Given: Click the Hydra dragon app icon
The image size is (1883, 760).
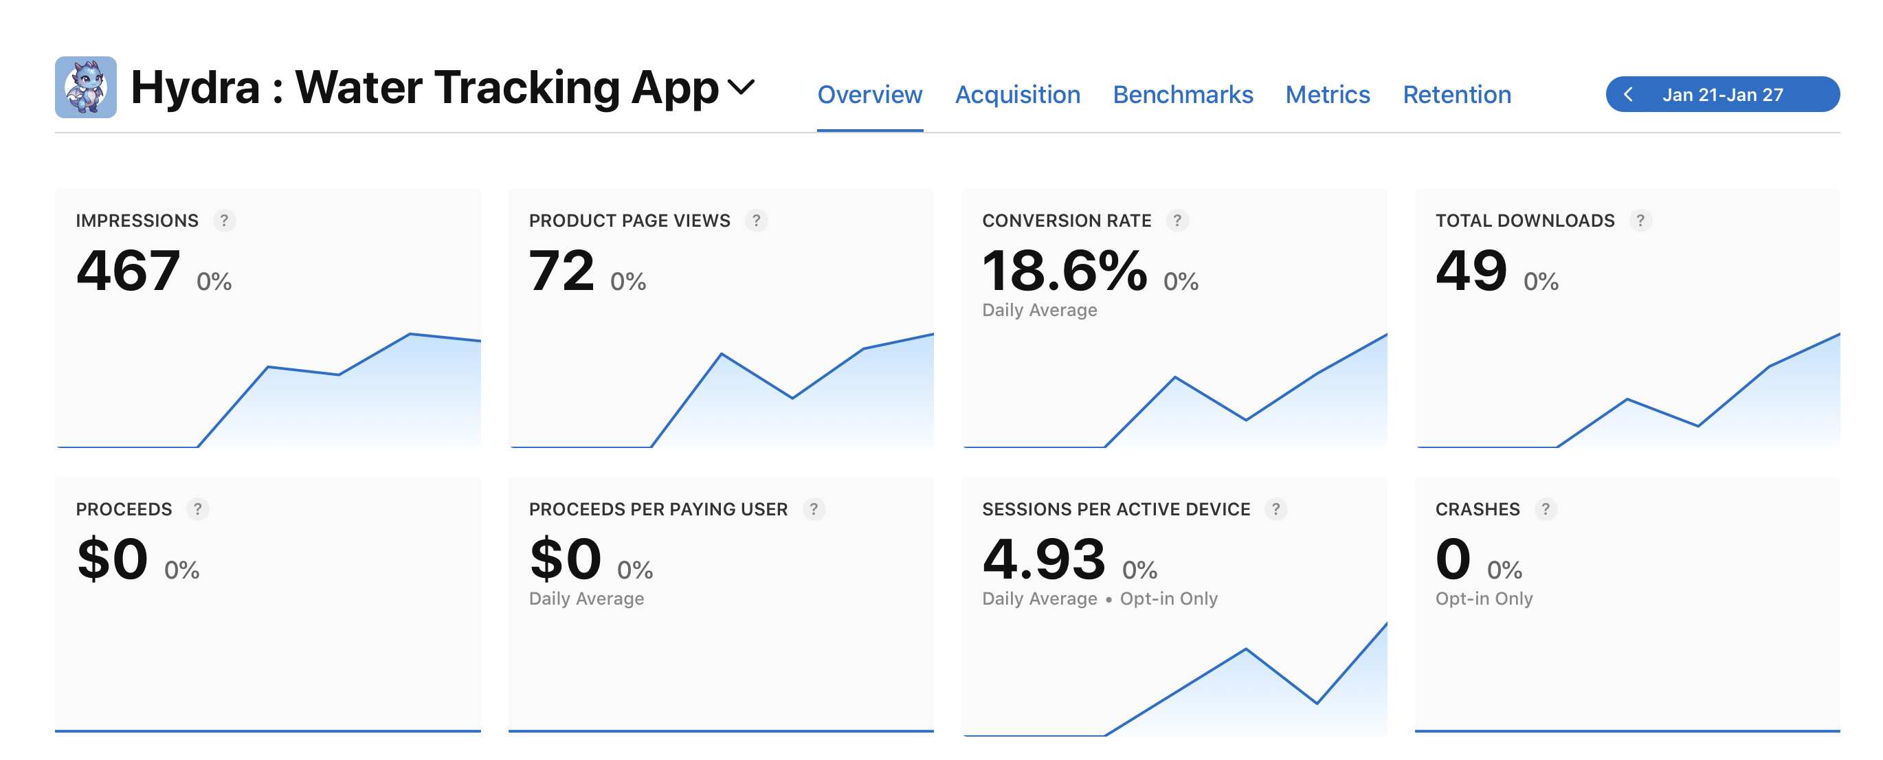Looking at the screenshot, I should pyautogui.click(x=85, y=87).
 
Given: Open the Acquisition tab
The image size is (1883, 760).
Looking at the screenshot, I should pyautogui.click(x=1017, y=95).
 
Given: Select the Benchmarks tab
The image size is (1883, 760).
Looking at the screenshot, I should pyautogui.click(x=1182, y=95).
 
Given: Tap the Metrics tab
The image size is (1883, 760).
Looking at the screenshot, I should pyautogui.click(x=1327, y=95).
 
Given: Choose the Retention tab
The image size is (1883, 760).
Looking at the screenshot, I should pyautogui.click(x=1456, y=95).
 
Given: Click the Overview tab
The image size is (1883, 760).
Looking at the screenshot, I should pyautogui.click(x=869, y=95).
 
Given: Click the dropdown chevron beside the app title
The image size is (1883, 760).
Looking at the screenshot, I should pyautogui.click(x=742, y=88).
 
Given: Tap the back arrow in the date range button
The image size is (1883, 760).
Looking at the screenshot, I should pyautogui.click(x=1628, y=95).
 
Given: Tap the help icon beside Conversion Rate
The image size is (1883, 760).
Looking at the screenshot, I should pyautogui.click(x=1177, y=220).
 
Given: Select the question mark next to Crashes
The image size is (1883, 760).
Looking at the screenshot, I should pyautogui.click(x=1546, y=508).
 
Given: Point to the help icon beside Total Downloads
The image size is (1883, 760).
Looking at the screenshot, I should pyautogui.click(x=1640, y=220).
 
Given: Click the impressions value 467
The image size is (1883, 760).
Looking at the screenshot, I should pyautogui.click(x=128, y=270).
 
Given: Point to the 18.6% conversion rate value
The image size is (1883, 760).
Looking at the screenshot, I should pyautogui.click(x=1064, y=270).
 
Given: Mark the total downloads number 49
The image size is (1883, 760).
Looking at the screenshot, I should pyautogui.click(x=1471, y=270).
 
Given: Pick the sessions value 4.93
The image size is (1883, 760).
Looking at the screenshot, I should pyautogui.click(x=1043, y=559).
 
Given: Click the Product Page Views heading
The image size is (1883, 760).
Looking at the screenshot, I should pyautogui.click(x=629, y=221).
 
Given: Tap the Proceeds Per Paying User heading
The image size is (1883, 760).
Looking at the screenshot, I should pyautogui.click(x=658, y=509).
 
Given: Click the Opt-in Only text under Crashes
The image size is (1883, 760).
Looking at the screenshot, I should pyautogui.click(x=1483, y=599).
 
